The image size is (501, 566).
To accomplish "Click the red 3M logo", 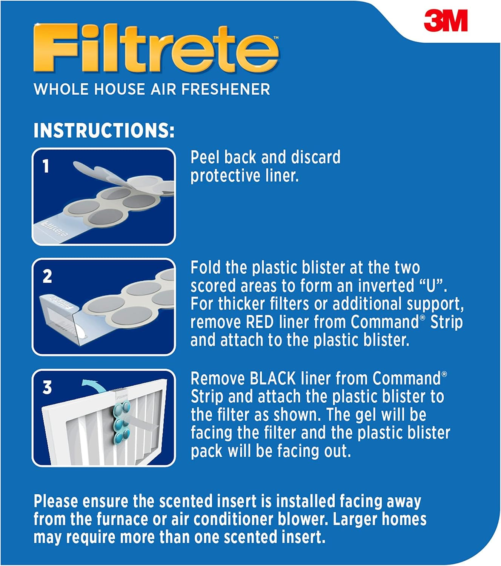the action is coord(446,20).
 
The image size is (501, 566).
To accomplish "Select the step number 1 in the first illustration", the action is coord(46,166).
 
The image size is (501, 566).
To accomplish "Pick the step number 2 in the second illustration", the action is coord(47,276).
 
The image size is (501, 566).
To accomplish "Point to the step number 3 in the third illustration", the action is coord(47,388).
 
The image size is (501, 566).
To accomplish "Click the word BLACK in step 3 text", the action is coord(272,378).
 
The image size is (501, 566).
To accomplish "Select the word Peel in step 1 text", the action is coord(205,157).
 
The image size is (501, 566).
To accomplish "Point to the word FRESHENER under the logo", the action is coord(226,89).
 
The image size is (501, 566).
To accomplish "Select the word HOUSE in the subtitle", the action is coord(120,89).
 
